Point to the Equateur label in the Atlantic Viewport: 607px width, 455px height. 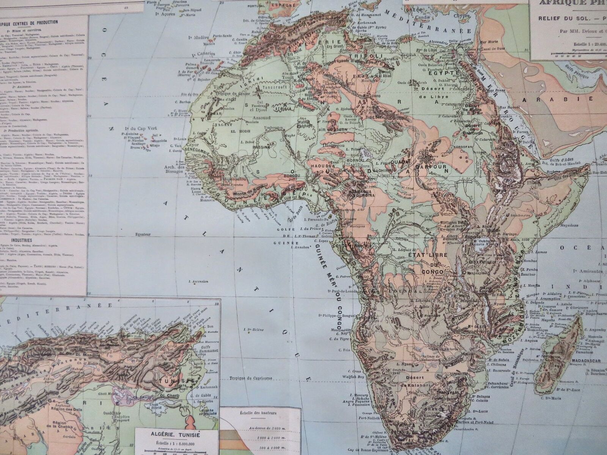[143, 235]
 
